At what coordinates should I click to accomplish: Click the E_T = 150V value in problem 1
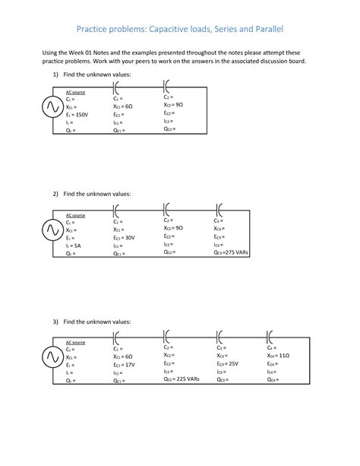tap(78, 115)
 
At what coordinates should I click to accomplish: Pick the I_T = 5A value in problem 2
tap(74, 246)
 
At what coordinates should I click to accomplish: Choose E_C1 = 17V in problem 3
tap(125, 365)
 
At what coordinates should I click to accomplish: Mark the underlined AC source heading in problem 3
tap(75, 343)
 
